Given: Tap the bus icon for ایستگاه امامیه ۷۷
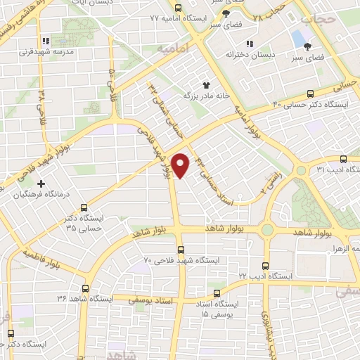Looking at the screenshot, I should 178,8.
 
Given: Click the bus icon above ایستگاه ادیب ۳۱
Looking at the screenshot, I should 343,159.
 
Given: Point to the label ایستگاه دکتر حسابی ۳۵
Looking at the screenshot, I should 84,223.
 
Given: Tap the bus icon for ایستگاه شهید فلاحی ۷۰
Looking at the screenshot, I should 181,250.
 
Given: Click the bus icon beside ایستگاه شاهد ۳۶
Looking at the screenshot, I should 85,288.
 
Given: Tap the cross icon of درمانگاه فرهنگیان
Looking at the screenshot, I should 41,184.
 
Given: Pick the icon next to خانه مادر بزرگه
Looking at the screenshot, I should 207,84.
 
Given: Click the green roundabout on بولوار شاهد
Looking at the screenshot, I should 266,230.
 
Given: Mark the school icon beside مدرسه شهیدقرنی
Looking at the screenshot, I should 46,40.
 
